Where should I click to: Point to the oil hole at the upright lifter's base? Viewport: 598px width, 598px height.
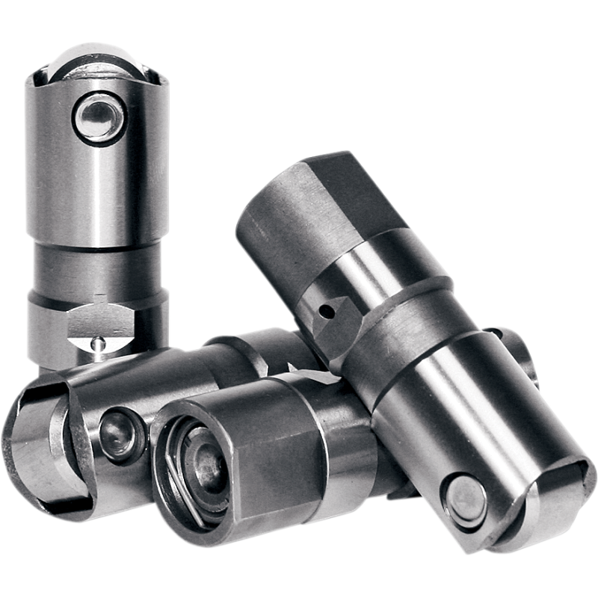(x=98, y=343)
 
